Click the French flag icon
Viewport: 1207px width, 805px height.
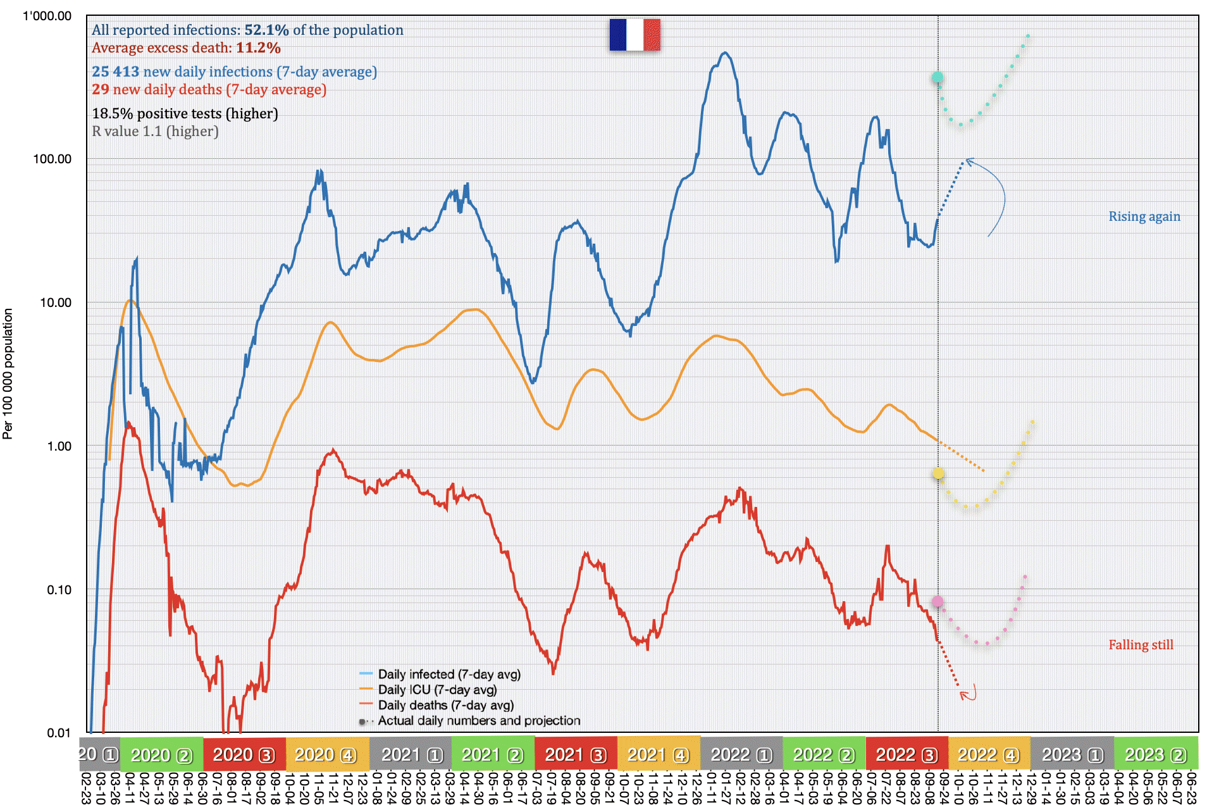[x=634, y=34]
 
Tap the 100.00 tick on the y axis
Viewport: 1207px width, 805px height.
[x=52, y=159]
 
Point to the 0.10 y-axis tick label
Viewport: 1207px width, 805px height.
[x=59, y=590]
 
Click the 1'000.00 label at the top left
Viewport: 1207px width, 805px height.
[x=47, y=16]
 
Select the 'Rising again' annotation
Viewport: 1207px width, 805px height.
[x=1144, y=216]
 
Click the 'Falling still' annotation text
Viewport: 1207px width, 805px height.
[x=1140, y=645]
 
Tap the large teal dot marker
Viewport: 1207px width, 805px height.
[x=938, y=78]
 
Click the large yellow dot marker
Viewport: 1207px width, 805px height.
[x=938, y=473]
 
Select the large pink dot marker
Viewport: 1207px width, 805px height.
[x=938, y=601]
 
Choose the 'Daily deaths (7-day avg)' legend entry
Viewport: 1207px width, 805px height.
[x=445, y=705]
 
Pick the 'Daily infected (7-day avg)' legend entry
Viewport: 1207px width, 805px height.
[x=449, y=675]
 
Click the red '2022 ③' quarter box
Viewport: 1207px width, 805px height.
[x=906, y=754]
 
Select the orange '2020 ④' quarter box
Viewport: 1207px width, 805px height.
[x=325, y=754]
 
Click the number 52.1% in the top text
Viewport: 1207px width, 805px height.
[x=266, y=30]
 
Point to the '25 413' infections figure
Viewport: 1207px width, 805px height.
[x=115, y=72]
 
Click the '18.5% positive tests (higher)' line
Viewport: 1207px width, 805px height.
[x=185, y=114]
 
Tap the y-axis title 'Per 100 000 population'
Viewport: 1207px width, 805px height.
[x=8, y=373]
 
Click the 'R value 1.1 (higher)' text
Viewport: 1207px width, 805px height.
[x=155, y=132]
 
